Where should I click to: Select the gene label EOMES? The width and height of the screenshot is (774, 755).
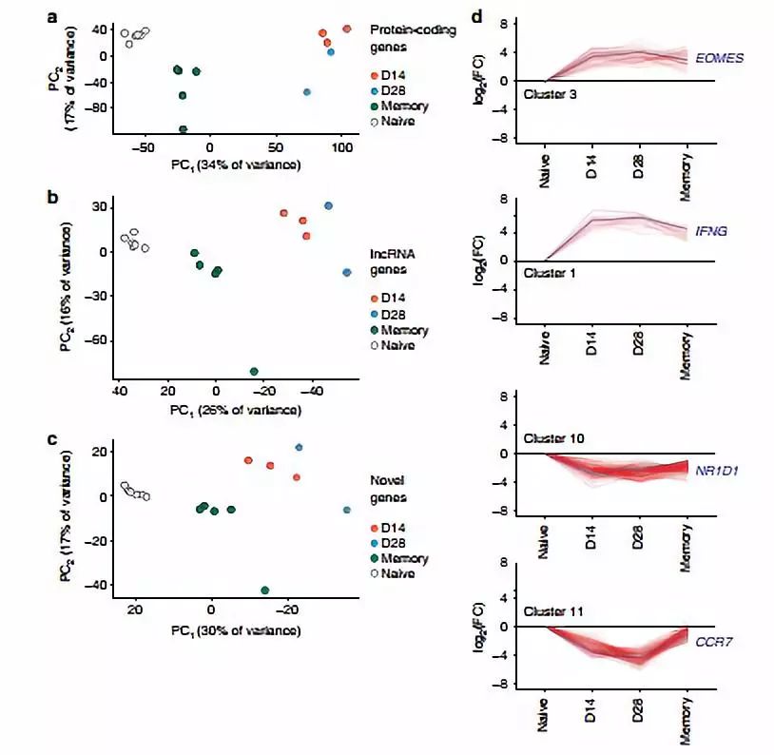pyautogui.click(x=720, y=59)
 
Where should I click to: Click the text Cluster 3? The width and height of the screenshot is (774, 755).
pyautogui.click(x=551, y=95)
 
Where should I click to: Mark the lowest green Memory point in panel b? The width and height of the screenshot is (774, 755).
pyautogui.click(x=254, y=372)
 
